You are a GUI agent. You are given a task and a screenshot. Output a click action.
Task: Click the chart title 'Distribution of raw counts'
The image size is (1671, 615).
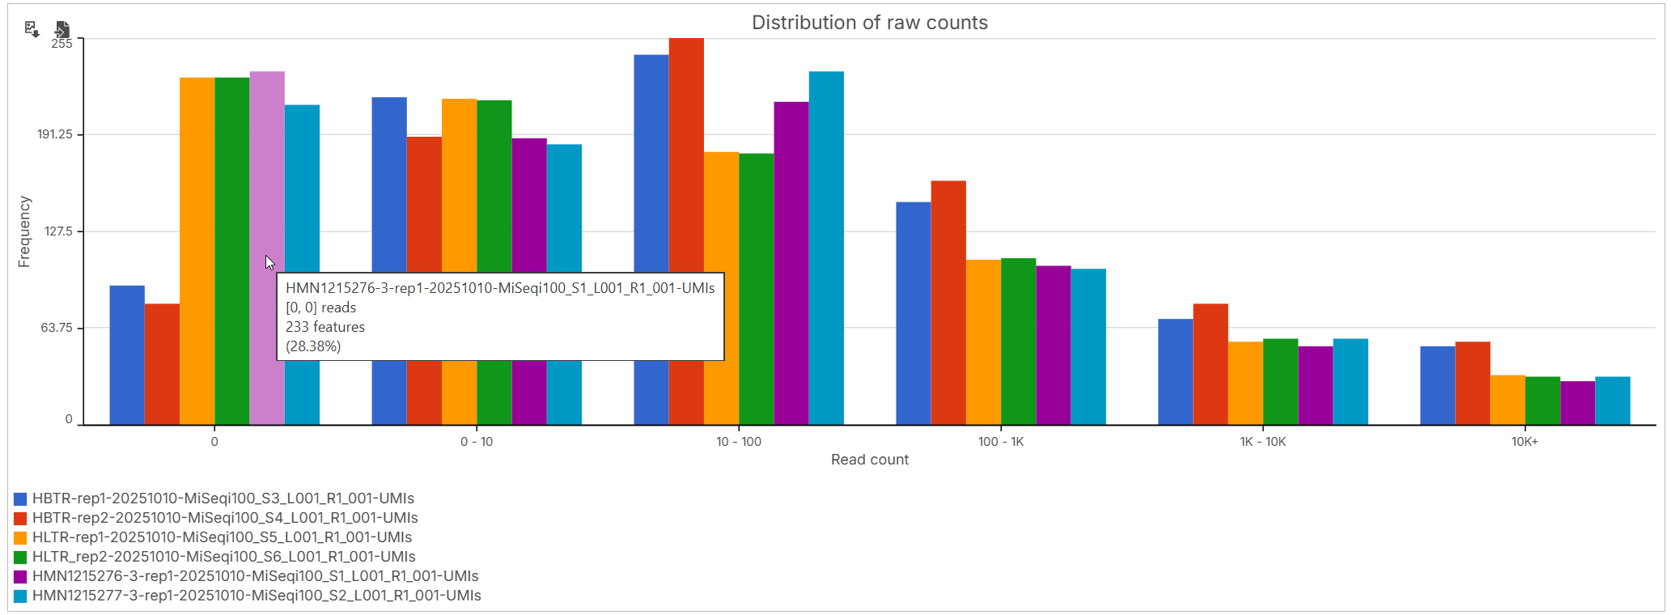coord(869,23)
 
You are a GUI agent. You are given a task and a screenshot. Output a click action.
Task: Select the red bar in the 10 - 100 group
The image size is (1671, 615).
coord(686,162)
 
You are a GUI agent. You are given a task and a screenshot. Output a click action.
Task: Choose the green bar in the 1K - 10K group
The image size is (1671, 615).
coord(1280,381)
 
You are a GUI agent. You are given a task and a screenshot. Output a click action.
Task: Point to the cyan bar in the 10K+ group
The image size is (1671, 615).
coord(1612,401)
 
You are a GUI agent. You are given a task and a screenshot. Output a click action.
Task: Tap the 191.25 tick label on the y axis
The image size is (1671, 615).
coord(55,134)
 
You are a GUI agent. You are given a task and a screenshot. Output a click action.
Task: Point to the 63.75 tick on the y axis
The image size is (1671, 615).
coord(57,328)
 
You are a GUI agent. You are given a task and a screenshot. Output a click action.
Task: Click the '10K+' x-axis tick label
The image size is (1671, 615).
coord(1525,442)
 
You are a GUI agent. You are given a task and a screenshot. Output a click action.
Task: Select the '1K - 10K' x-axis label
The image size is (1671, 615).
coord(1262,442)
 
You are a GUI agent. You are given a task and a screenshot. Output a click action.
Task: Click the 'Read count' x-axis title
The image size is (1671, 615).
coord(869,460)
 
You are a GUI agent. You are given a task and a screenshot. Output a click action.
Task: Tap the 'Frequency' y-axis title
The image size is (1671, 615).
coord(24,231)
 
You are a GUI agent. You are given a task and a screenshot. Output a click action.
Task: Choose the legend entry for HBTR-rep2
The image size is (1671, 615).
coord(225,518)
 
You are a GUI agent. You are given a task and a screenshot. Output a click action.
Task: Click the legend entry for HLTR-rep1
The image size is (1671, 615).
coord(222,537)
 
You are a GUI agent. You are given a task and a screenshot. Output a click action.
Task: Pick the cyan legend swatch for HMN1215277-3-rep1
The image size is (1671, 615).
coord(20,596)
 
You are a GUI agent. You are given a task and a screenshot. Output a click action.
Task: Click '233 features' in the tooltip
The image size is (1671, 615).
coord(325,327)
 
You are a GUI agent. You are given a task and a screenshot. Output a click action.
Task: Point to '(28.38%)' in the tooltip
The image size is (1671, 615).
coord(313,346)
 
